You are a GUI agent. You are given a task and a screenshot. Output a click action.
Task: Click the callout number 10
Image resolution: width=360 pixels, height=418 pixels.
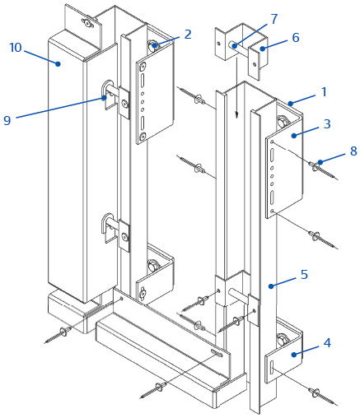click(16, 48)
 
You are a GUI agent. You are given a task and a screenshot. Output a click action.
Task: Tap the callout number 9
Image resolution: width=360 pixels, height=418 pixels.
click(7, 120)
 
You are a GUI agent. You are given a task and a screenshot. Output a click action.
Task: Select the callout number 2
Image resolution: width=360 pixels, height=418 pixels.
click(188, 35)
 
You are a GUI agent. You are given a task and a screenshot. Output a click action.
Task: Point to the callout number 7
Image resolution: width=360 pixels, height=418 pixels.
click(274, 19)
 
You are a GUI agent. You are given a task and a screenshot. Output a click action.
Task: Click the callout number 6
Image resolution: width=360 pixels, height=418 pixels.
click(296, 38)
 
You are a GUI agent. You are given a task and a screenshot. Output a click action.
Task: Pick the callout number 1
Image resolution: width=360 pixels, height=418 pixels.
click(325, 92)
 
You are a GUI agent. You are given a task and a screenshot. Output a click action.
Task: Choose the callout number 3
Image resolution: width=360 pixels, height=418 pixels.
click(327, 123)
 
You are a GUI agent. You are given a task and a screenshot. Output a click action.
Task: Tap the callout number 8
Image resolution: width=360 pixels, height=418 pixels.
click(353, 151)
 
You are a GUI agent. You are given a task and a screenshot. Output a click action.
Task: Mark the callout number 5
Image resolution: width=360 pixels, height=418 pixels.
click(304, 274)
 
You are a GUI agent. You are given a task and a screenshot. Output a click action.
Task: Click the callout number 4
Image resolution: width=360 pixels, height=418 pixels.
click(327, 343)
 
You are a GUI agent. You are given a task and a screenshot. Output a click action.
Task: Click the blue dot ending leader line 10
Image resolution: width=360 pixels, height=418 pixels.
click(58, 64)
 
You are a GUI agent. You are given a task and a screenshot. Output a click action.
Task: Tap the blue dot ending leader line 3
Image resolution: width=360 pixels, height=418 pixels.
click(294, 136)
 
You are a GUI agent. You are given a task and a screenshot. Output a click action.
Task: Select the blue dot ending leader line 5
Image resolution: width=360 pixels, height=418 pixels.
click(271, 286)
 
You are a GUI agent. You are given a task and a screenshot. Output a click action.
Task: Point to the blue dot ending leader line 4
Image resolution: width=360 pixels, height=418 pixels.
click(294, 355)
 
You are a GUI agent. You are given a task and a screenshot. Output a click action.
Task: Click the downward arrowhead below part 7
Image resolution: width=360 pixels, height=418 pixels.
click(236, 114)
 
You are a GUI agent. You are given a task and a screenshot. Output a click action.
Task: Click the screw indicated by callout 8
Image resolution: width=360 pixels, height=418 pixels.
click(324, 170)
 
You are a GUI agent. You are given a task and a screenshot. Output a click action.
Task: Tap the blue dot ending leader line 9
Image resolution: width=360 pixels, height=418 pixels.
click(105, 97)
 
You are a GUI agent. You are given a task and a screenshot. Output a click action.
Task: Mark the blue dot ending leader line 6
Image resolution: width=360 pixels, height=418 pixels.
click(263, 49)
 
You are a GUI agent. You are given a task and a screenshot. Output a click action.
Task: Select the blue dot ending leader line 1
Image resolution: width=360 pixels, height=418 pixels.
click(291, 104)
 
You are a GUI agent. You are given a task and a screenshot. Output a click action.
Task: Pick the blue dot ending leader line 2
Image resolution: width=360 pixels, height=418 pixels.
click(155, 45)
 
